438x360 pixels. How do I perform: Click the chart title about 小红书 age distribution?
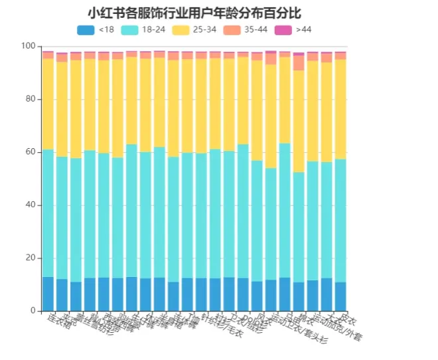(x=194, y=13)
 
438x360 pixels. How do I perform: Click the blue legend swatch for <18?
(x=86, y=30)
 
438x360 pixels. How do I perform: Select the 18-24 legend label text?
(x=153, y=30)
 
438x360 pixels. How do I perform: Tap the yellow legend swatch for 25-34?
(x=181, y=30)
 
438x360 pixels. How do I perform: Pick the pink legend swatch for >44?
(x=283, y=30)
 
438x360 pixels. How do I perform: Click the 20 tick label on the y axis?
(x=31, y=258)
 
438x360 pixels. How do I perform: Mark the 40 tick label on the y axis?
(x=31, y=205)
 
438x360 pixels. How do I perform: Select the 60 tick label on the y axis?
(x=31, y=152)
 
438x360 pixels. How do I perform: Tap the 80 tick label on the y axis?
(x=31, y=99)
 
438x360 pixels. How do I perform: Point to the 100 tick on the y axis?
(x=29, y=46)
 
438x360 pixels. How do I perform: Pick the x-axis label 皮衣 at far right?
(x=348, y=319)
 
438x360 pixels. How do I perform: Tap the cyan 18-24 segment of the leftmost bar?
(x=48, y=213)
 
